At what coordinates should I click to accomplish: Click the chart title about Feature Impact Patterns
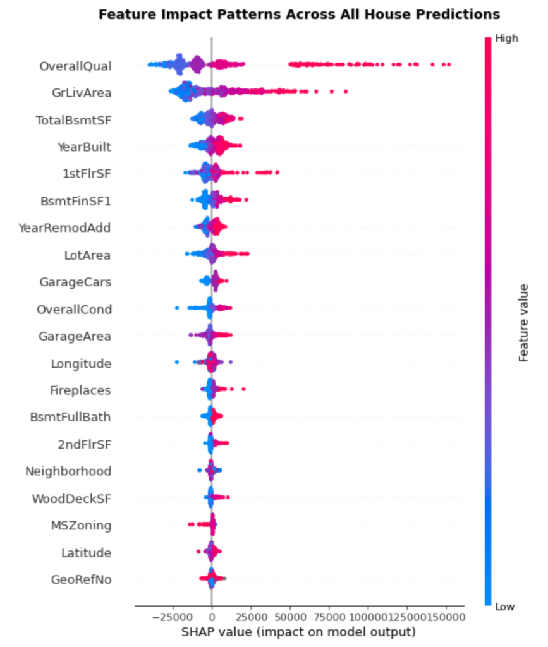(x=299, y=14)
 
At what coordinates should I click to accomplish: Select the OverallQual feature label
(x=75, y=66)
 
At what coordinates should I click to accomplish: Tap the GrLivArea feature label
(x=82, y=93)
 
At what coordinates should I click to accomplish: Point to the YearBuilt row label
(x=84, y=147)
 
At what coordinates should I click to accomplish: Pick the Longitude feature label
(x=81, y=363)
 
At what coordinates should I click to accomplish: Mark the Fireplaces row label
(x=80, y=390)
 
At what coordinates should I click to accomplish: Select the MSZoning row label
(x=81, y=525)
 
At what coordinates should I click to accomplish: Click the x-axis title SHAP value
(x=298, y=632)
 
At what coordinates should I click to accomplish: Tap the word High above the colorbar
(x=506, y=38)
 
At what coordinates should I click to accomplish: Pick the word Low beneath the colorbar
(x=505, y=607)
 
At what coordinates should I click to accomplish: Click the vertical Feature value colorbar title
(x=523, y=322)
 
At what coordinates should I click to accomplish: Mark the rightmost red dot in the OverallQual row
(x=448, y=64)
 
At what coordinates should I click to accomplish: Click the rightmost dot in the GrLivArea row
(x=346, y=92)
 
